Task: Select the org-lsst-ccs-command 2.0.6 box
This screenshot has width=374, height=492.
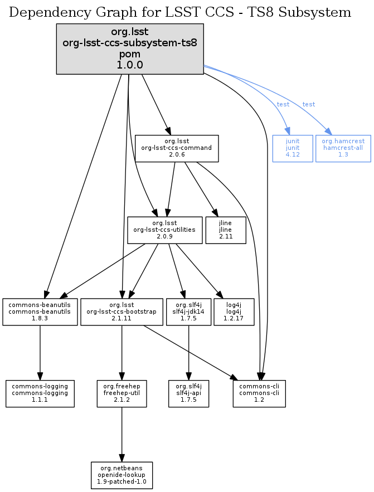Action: click(x=176, y=148)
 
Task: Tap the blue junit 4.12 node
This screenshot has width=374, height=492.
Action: click(x=292, y=148)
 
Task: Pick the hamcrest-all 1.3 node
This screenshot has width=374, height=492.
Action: click(x=343, y=148)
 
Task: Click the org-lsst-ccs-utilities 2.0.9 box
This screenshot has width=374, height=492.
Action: click(x=164, y=230)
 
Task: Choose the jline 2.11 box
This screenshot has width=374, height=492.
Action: click(x=225, y=230)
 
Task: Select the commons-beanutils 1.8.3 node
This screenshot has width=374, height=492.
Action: click(x=40, y=311)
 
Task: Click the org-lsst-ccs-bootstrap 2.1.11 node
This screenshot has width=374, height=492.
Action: click(x=122, y=311)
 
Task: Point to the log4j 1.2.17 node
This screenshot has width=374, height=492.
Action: click(x=234, y=311)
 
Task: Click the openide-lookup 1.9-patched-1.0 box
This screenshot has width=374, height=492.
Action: click(x=122, y=474)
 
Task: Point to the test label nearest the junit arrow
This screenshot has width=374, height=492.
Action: click(x=283, y=104)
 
